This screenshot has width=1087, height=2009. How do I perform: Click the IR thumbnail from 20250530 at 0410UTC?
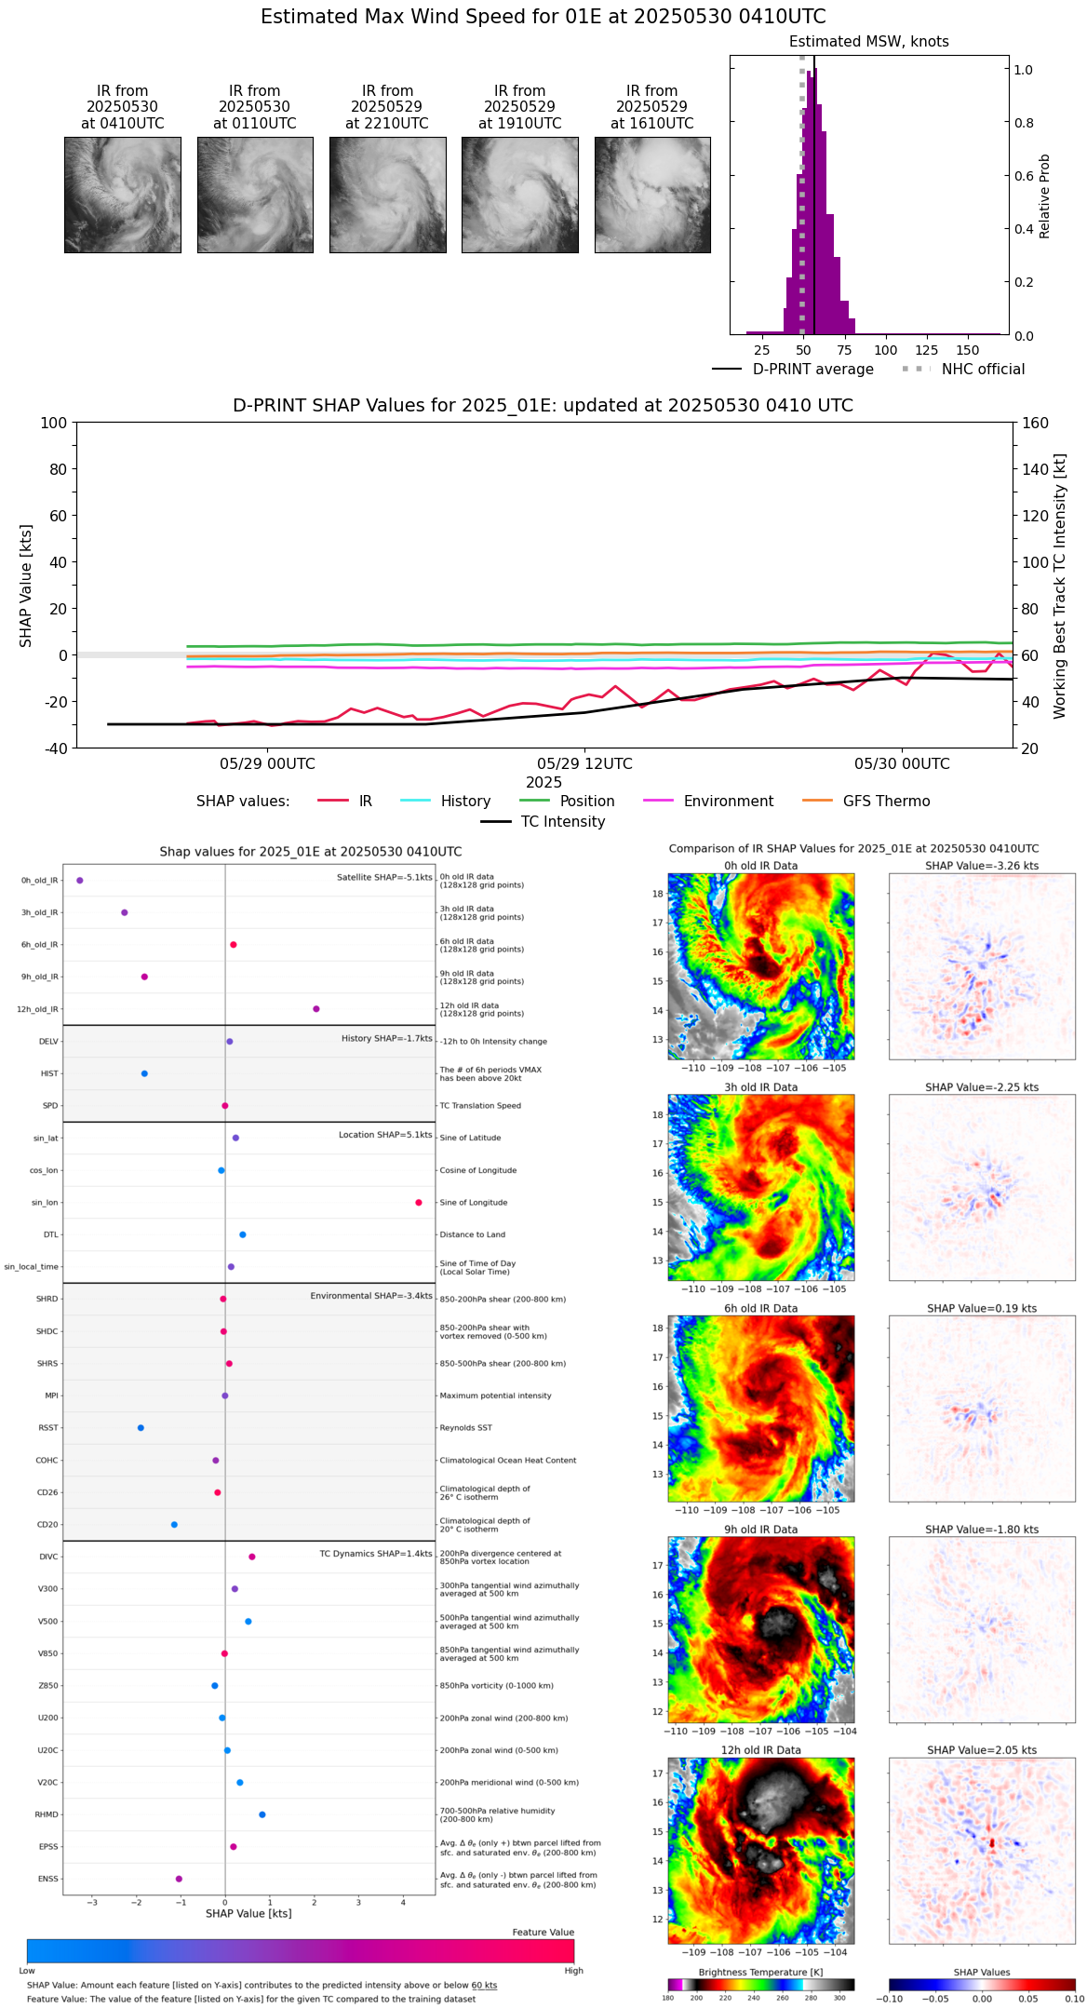[x=122, y=195]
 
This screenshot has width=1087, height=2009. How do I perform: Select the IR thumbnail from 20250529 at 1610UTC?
[x=652, y=195]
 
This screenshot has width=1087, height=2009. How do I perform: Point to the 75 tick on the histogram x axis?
[x=844, y=350]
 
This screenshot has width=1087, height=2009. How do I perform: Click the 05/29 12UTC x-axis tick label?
[x=584, y=764]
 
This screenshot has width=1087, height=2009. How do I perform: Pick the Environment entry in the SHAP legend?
[x=728, y=802]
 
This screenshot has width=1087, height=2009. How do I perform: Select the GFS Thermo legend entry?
[x=886, y=802]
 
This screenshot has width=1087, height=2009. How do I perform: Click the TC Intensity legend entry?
[x=562, y=822]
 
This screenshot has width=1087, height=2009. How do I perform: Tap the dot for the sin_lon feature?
[x=419, y=1203]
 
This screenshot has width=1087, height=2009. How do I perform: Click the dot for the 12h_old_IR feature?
[x=316, y=1009]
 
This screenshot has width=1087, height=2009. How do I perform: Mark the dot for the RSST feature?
[x=141, y=1428]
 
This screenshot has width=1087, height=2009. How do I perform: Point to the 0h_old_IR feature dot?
[x=80, y=881]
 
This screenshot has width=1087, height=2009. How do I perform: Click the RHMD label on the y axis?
[x=47, y=1814]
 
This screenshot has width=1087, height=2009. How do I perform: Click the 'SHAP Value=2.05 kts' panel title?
[x=982, y=1750]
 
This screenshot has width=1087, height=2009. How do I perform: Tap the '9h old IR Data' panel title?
[x=760, y=1530]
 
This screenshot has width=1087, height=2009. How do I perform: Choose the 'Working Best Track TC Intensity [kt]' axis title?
[x=1060, y=586]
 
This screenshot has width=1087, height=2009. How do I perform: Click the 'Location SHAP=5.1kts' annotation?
[x=385, y=1135]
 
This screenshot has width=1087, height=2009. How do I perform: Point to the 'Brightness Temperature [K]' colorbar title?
[x=760, y=1972]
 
